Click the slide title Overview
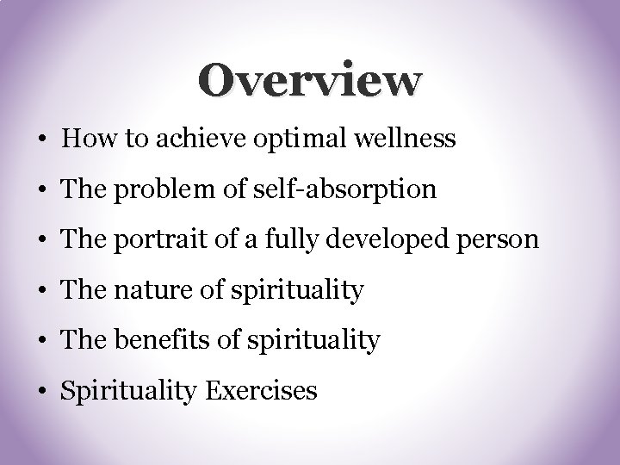pos(310,81)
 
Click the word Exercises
pos(262,391)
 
